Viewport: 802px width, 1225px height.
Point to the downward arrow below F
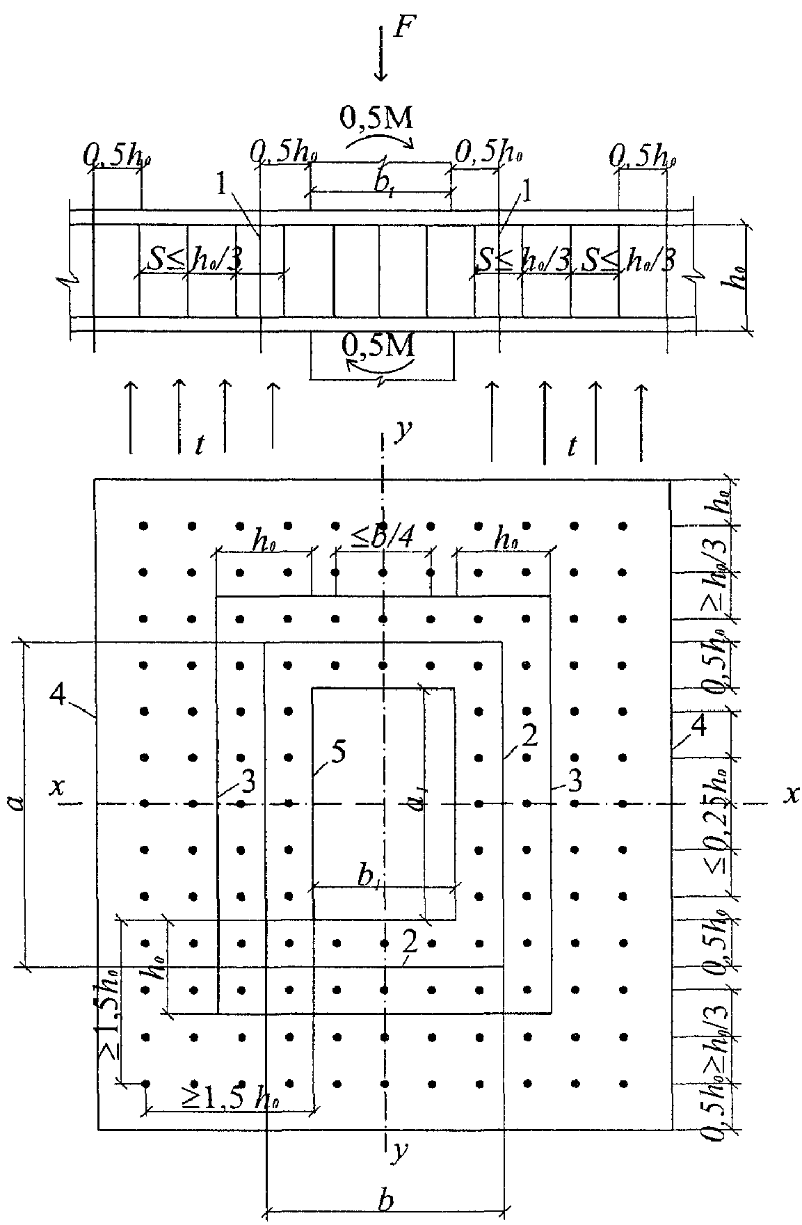pyautogui.click(x=380, y=56)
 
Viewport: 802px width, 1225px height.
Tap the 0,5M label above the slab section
pyautogui.click(x=376, y=120)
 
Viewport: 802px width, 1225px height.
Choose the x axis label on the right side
pyautogui.click(x=789, y=794)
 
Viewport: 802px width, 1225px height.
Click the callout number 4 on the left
pyautogui.click(x=67, y=696)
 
